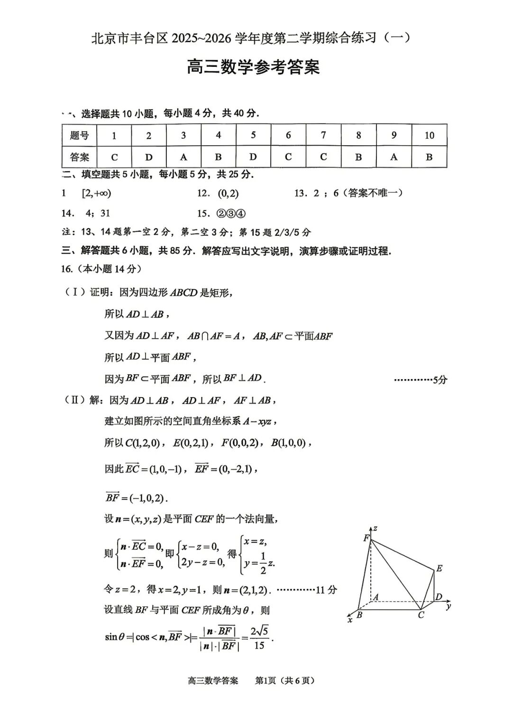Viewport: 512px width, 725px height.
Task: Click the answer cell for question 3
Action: pos(183,157)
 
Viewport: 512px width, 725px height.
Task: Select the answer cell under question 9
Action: pos(393,157)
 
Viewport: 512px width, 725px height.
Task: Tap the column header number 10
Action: pos(429,135)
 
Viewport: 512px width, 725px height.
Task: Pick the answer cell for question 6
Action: pos(288,157)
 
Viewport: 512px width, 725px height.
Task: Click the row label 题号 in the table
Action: pos(79,135)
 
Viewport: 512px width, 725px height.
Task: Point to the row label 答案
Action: pos(79,157)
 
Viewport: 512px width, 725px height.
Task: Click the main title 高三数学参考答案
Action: pos(253,67)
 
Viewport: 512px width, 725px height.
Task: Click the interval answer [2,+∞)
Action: pos(96,193)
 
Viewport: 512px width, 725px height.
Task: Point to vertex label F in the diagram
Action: pos(366,538)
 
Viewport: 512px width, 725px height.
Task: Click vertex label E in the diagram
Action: pos(439,568)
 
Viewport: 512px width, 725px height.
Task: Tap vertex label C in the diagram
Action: pos(421,615)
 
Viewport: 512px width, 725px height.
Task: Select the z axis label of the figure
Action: pos(375,528)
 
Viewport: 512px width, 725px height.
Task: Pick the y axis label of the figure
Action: pos(448,606)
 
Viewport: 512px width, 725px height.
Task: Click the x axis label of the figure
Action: pos(350,620)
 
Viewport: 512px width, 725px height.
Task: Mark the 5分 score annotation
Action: pos(440,380)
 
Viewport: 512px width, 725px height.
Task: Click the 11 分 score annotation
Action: pos(326,590)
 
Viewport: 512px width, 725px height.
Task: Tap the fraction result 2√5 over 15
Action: pos(259,638)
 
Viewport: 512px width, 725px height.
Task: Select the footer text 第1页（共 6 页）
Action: pos(285,680)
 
